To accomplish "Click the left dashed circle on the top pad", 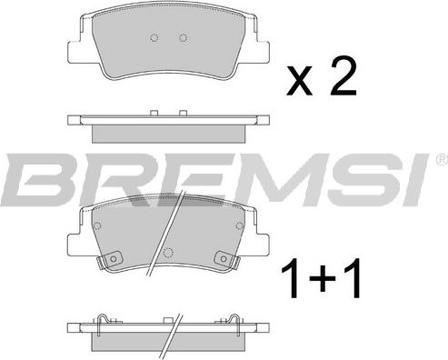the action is pos(154,38).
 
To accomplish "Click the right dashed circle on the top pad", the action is pos(184,38).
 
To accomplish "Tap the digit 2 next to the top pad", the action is pos(343,77).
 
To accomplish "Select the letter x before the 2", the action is pos(299,82).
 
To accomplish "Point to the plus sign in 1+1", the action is pos(322,278).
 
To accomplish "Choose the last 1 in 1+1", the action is pos(353,278).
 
